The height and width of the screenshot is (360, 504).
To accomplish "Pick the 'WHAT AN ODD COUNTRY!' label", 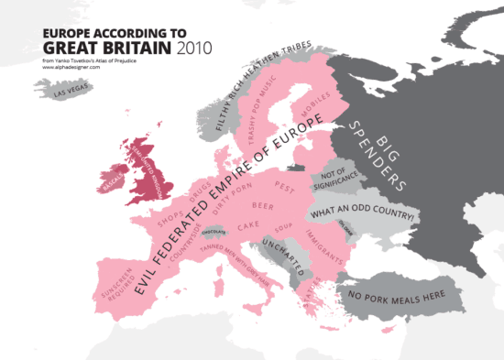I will pos(364,215).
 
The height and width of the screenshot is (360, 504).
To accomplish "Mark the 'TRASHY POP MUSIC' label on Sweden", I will pos(262,111).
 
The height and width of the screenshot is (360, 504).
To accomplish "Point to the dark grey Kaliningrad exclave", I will pos(295,167).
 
